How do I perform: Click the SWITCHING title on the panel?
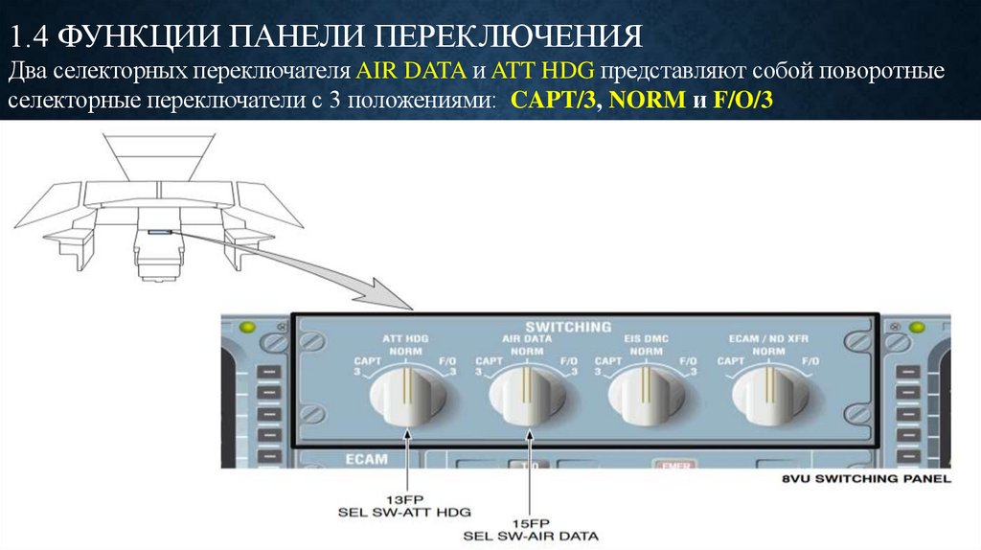568,327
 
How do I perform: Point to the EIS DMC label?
646,339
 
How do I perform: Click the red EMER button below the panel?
667,467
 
